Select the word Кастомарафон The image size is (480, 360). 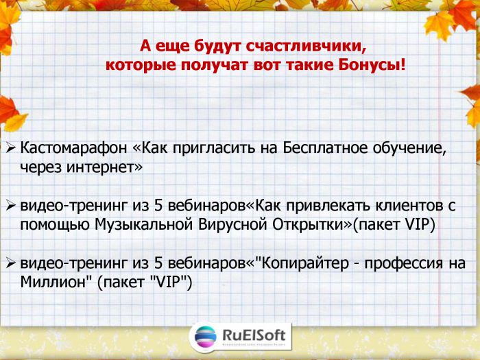(x=73, y=148)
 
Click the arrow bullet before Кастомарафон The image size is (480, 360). (x=11, y=148)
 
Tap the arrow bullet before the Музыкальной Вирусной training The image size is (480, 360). (x=11, y=206)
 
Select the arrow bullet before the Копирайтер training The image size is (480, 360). (x=11, y=263)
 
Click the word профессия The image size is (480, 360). (x=403, y=264)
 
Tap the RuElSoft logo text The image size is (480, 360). (x=254, y=335)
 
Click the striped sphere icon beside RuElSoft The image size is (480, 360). (x=206, y=337)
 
